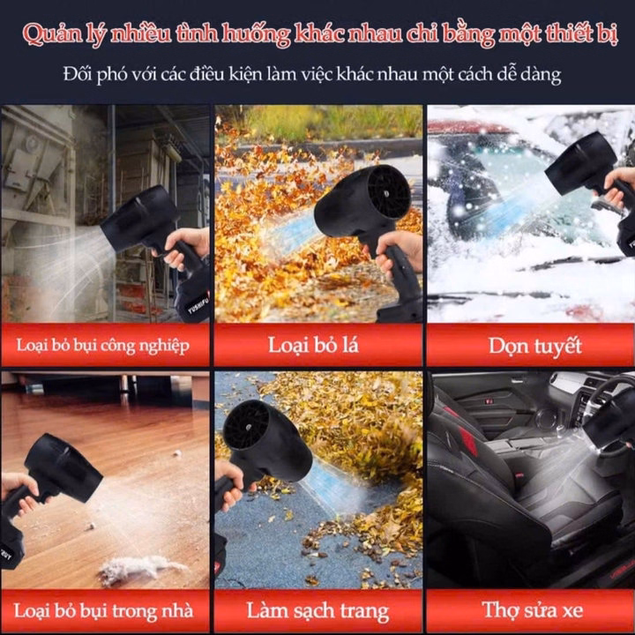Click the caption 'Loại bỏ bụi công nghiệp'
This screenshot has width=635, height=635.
[103, 346]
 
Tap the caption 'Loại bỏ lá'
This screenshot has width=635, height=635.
[313, 346]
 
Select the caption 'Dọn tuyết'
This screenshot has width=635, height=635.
[535, 347]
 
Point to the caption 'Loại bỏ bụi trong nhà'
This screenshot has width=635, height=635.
[104, 611]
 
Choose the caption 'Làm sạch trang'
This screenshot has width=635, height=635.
[317, 611]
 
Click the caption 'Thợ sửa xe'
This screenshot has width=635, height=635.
[533, 609]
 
